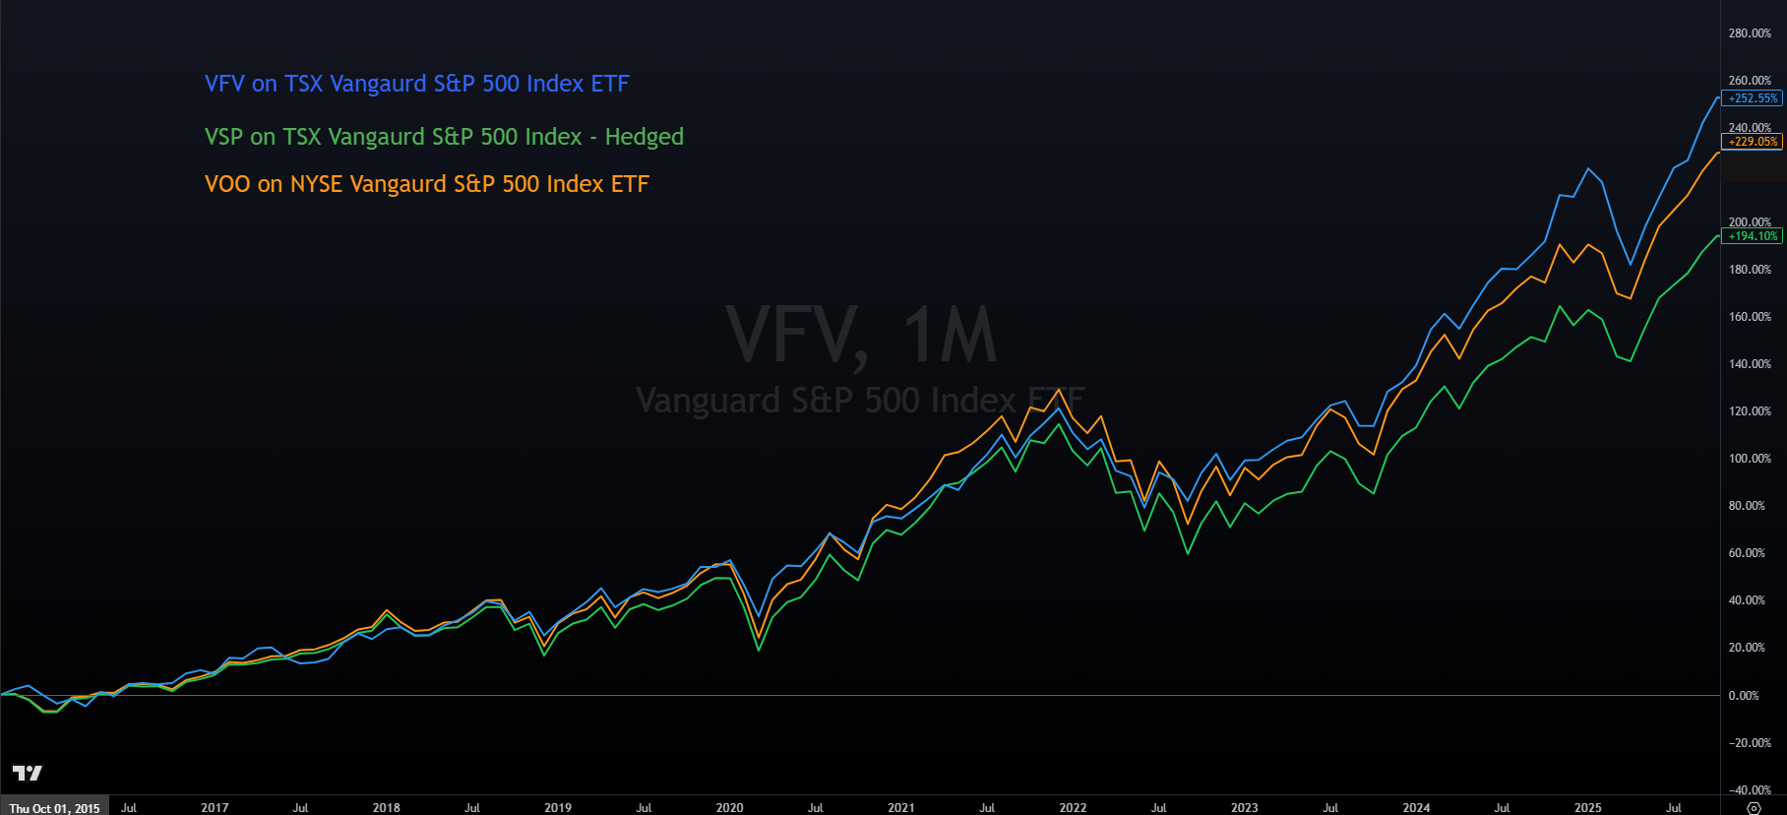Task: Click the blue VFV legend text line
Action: coord(416,84)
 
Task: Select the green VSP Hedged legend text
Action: coord(444,137)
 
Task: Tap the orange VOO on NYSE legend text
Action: coord(426,184)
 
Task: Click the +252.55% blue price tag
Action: coord(1754,98)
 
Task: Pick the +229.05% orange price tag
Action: coord(1754,142)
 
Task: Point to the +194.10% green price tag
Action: coord(1754,236)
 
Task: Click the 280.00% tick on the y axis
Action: coord(1750,33)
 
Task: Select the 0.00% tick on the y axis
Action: coord(1744,696)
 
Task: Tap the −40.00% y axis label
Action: coord(1750,790)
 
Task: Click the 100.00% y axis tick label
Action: coord(1750,459)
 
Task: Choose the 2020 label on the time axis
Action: coord(729,808)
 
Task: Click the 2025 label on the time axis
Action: coord(1587,808)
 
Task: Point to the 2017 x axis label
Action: coord(215,808)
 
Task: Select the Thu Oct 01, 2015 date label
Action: coord(55,808)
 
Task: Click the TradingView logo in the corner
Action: coord(28,774)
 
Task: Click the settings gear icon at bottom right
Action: coord(1754,808)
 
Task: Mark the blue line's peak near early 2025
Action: coord(1587,168)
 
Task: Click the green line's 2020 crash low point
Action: coord(759,650)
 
